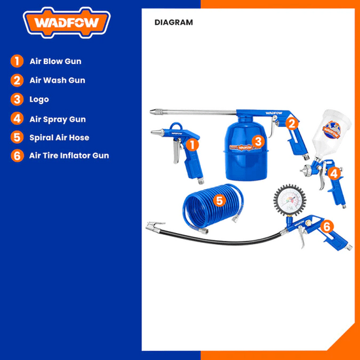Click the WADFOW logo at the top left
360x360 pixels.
click(x=67, y=22)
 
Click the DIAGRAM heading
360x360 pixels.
click(x=173, y=22)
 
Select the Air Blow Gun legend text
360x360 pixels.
click(x=56, y=62)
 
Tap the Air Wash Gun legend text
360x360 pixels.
click(x=58, y=80)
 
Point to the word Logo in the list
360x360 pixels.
click(x=39, y=99)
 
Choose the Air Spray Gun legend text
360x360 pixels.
click(x=58, y=119)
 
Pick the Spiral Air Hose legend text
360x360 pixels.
click(x=59, y=137)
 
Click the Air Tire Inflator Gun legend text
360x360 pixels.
click(x=69, y=155)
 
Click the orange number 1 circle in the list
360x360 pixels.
click(x=17, y=61)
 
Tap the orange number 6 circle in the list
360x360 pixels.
click(x=17, y=155)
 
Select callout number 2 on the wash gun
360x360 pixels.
click(x=291, y=124)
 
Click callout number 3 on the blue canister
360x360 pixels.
click(x=258, y=141)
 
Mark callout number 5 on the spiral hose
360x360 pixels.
click(x=219, y=201)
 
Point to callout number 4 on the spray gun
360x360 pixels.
click(x=334, y=174)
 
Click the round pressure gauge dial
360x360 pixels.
click(x=290, y=200)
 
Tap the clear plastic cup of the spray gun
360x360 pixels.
click(x=332, y=132)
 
